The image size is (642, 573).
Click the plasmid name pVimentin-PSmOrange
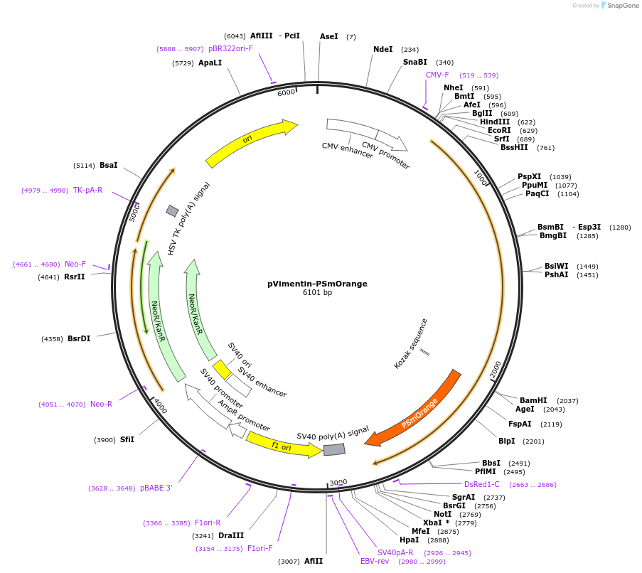317,284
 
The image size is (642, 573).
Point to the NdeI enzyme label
382,50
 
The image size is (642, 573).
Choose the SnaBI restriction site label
414,63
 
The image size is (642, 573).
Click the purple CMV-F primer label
437,75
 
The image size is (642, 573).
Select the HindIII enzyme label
495,122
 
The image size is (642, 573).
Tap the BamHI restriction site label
533,401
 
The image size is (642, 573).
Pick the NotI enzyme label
442,514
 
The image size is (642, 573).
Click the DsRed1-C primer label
482,485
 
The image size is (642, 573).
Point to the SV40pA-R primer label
395,553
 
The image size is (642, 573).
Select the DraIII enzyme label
231,536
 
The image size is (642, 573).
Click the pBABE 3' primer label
156,488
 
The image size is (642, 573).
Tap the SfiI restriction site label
127,440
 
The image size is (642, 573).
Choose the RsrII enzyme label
74,277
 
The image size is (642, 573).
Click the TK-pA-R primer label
87,191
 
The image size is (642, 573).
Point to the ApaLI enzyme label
210,63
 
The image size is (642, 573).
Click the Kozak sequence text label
412,343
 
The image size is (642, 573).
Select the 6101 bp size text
317,293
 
